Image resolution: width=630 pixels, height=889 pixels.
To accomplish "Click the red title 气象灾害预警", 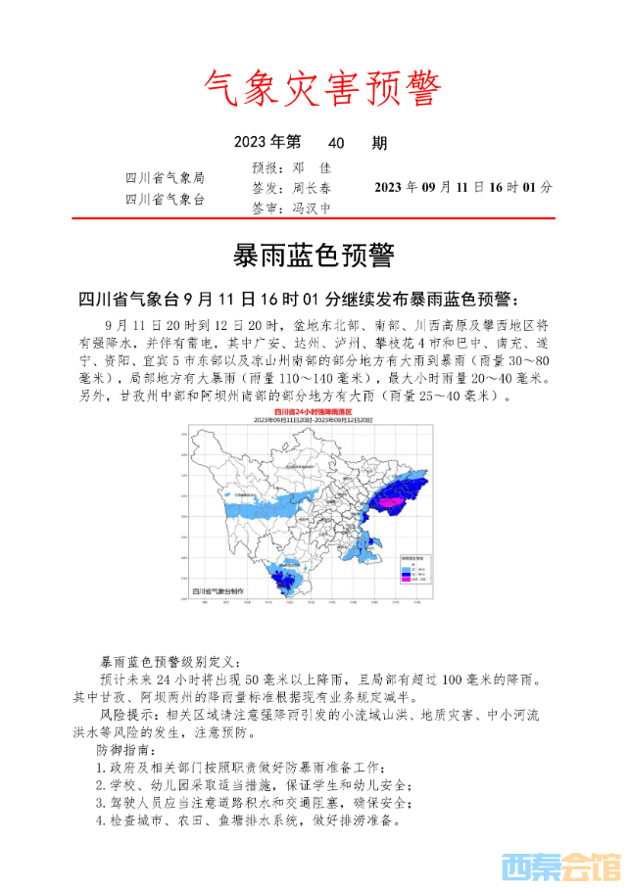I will point(322,89).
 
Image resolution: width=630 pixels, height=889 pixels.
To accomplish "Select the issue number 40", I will point(338,144).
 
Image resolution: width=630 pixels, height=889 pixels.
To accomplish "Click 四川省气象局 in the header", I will point(165,178).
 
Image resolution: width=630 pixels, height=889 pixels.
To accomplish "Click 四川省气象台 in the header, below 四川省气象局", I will point(165,199).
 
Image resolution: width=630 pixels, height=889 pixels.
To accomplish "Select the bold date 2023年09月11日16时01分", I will point(463,187).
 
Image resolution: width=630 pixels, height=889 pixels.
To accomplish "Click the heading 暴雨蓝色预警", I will point(314,257).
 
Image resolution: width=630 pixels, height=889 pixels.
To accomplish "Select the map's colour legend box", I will point(415,568).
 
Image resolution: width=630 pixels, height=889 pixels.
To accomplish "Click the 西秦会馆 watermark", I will point(560,866).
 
